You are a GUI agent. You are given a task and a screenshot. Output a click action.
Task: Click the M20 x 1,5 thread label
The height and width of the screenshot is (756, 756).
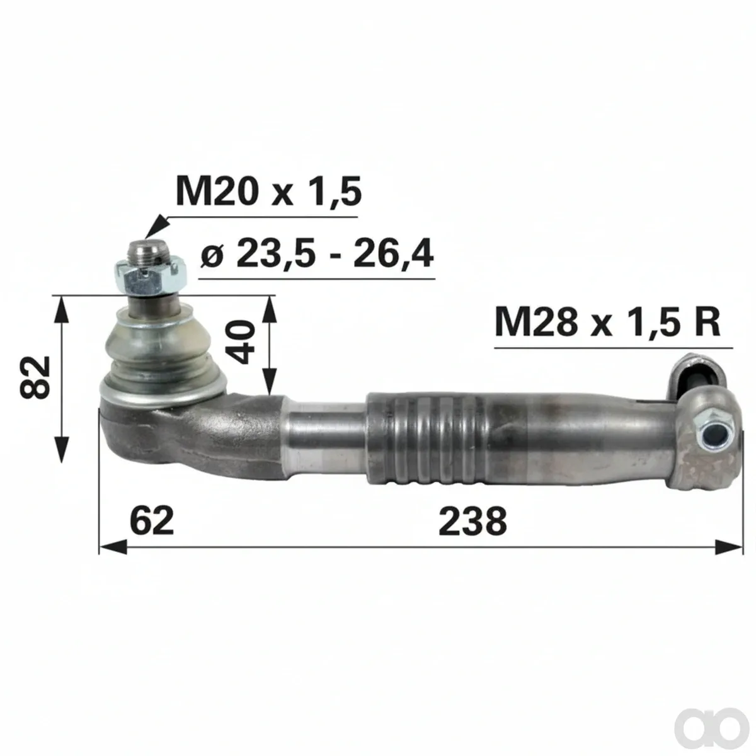(x=268, y=192)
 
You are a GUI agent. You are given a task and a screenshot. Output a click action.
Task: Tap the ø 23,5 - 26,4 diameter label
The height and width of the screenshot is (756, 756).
(x=317, y=255)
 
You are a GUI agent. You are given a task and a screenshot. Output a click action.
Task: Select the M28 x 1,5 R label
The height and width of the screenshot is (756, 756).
(x=607, y=322)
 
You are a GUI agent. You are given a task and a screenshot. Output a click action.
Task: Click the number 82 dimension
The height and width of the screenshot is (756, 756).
(x=35, y=377)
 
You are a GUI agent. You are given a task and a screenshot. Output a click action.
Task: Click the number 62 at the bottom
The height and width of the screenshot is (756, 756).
(x=152, y=521)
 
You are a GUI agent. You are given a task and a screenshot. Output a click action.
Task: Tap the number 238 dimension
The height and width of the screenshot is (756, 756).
(x=472, y=521)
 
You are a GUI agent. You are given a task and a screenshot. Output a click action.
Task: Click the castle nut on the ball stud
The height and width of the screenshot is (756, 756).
(x=151, y=278)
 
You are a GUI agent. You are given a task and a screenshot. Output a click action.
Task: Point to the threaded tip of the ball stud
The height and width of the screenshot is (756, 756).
(x=146, y=252)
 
